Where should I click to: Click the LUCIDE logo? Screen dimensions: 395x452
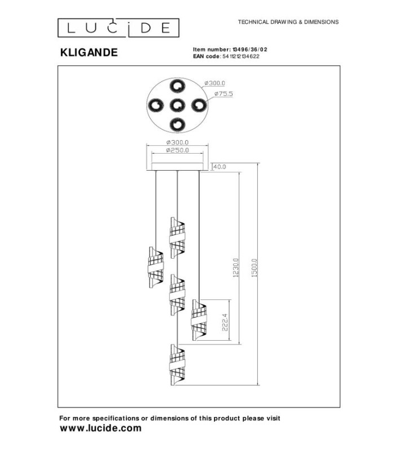coord(118,28)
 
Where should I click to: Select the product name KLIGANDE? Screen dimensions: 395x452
coord(89,53)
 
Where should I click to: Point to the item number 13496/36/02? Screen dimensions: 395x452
coord(250,50)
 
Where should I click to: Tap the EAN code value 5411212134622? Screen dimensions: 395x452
coord(241,56)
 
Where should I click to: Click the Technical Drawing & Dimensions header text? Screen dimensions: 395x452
coord(288,22)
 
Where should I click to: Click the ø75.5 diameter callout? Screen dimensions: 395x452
coord(223,94)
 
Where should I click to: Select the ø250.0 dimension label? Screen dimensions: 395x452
coord(177,150)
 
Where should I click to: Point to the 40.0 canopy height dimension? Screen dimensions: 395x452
coord(220,167)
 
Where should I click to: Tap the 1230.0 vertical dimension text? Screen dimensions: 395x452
coord(236,268)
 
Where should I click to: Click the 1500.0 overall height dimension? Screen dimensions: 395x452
coord(254,268)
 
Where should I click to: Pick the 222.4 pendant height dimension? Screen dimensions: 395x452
coord(225,322)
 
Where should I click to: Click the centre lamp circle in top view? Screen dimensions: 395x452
coord(177,105)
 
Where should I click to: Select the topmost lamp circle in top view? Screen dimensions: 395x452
coord(177,86)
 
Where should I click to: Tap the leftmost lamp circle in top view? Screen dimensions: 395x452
coord(156,105)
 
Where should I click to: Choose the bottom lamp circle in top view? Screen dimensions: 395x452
coord(177,125)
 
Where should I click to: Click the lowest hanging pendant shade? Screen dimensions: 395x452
coord(177,364)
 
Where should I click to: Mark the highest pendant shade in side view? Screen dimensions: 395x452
coord(177,237)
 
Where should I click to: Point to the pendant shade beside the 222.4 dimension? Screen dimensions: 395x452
coord(199,320)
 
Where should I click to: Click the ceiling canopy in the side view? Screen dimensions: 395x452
coord(177,167)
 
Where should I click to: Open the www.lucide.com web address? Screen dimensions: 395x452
coord(101,428)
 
